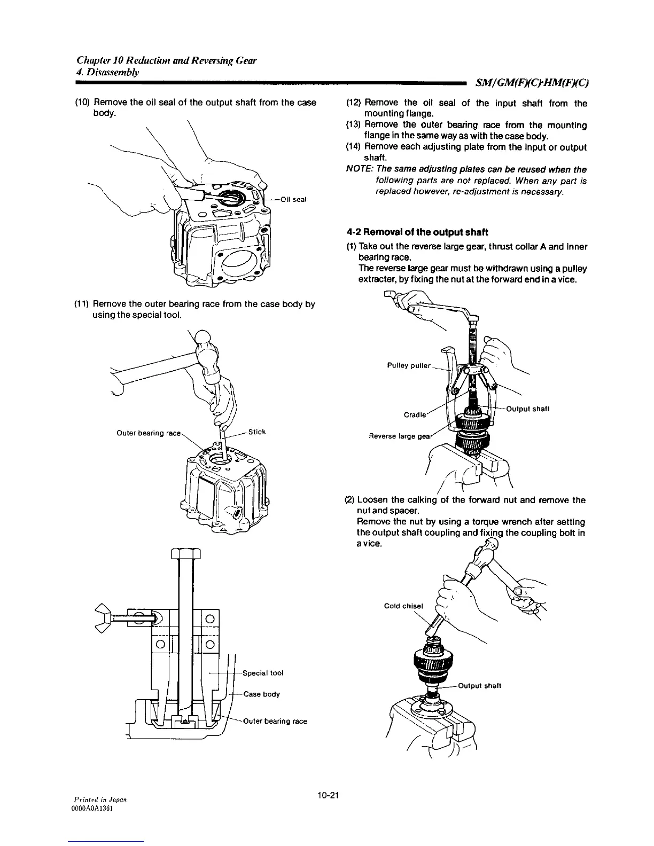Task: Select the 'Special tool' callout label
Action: tap(262, 673)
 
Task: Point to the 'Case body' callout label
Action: tap(261, 694)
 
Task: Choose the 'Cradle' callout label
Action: tap(415, 414)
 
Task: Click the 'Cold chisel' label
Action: tap(403, 606)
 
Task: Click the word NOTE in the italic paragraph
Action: tap(359, 170)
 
